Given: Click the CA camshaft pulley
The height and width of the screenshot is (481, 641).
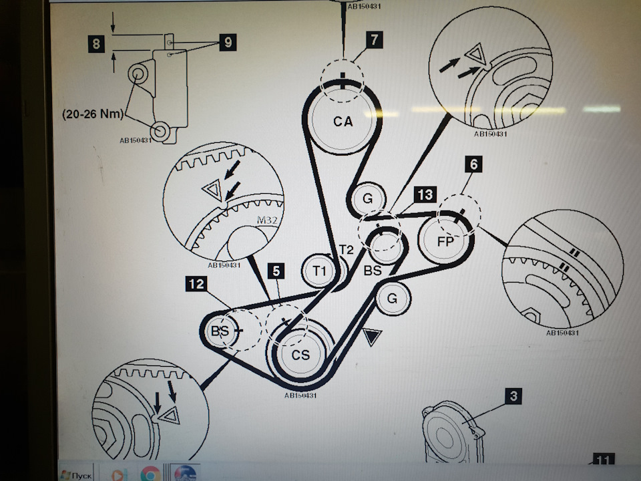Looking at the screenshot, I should pos(343,121).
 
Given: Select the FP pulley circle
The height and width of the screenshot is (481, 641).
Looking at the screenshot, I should pos(445,241).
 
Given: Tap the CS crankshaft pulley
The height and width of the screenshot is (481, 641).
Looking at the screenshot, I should pos(300,355).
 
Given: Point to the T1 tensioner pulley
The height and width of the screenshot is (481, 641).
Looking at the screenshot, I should pos(319,271).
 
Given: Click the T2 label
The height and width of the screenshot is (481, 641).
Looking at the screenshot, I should pos(346,250).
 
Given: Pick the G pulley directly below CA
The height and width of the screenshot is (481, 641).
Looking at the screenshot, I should pos(367,198).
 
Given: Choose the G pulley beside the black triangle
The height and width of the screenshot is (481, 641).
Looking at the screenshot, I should pos(392,299).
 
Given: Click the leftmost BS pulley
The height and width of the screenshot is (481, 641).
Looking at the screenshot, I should pos(220,331).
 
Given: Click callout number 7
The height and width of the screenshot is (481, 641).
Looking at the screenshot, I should pos(375,39).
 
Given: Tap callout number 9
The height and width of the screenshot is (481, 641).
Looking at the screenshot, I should pos(228,43).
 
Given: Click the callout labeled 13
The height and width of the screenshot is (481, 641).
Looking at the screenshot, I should pos(425,194).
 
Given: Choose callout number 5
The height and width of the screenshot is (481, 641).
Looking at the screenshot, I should pos(276,271).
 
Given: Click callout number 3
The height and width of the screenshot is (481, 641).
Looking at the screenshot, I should pos(513,396).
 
